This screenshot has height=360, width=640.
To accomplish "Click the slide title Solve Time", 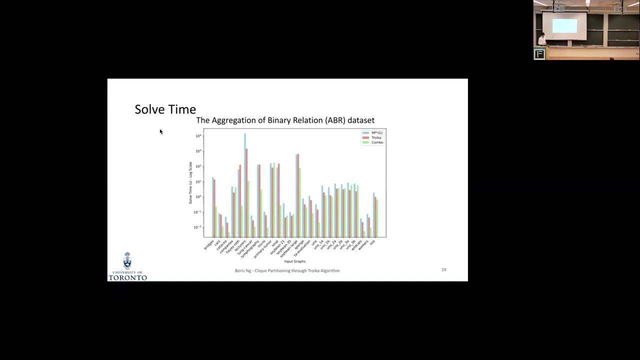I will [x=165, y=109].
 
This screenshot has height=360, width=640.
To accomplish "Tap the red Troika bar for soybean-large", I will [x=298, y=195].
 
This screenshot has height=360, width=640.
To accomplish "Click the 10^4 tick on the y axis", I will [x=198, y=136].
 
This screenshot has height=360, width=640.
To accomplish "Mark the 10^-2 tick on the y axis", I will [x=198, y=227].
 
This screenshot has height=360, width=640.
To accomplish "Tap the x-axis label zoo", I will [x=372, y=242].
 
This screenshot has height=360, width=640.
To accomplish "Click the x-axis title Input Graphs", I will [x=294, y=261].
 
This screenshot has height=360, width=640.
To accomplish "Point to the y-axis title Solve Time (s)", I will [x=190, y=182].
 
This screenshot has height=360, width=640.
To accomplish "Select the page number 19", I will [x=443, y=269].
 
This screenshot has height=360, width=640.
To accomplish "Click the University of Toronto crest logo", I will [x=127, y=261].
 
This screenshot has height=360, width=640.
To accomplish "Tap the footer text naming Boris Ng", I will [x=287, y=270].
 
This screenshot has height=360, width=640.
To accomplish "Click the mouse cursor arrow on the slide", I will [x=161, y=131].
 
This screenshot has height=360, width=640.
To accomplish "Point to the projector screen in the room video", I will [x=564, y=25].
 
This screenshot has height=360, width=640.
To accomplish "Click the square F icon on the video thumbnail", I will [x=539, y=54].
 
